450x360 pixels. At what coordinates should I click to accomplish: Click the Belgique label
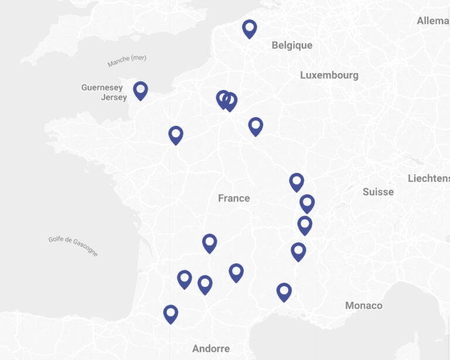point(292,45)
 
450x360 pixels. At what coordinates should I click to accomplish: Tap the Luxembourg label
point(329,75)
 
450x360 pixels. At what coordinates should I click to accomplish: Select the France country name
point(234,198)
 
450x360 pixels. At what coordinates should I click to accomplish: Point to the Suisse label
point(378,191)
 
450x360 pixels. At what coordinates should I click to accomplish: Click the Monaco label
point(363,305)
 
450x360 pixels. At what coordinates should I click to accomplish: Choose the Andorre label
point(211,348)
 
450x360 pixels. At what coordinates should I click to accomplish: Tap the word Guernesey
point(102,88)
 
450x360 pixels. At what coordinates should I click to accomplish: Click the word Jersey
point(114,97)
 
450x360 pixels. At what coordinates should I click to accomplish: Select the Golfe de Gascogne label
point(73,246)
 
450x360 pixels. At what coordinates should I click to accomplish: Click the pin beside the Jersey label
point(140,90)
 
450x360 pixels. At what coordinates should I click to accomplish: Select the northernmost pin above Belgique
point(250,28)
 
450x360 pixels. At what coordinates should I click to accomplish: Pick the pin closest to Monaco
point(284,291)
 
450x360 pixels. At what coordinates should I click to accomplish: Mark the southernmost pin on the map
point(171,313)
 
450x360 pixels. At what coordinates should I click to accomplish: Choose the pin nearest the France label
point(210,242)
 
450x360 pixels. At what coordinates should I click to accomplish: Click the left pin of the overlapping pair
point(222,98)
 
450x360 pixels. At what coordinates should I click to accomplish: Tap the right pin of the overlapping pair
point(231,101)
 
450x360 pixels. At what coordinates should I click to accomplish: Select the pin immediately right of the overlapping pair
point(255,126)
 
